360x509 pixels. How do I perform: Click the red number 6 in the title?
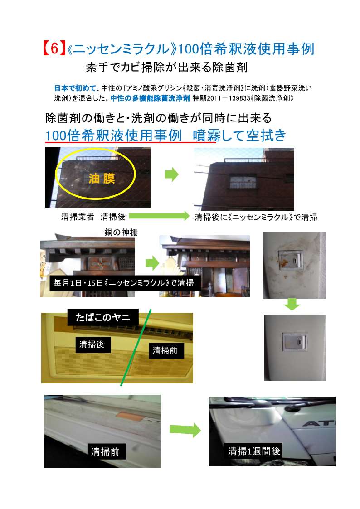point(54,48)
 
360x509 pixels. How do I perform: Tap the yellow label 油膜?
point(102,178)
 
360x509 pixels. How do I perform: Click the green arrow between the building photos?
point(171,175)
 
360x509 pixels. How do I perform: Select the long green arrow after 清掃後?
point(159,216)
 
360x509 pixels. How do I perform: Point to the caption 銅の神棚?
point(121,232)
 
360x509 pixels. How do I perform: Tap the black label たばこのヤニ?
point(103,317)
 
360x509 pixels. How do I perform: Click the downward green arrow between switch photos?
point(292,305)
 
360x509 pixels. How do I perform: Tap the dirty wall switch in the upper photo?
point(290,260)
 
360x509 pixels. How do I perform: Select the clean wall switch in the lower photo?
point(295,341)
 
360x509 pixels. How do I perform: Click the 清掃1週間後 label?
point(254,451)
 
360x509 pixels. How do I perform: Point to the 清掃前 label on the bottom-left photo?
point(105,451)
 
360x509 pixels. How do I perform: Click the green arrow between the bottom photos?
point(185,430)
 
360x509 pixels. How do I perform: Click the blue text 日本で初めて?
point(75,87)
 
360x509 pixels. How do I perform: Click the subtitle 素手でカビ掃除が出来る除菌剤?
point(166,67)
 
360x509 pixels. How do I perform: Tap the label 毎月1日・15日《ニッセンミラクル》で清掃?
point(124,283)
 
